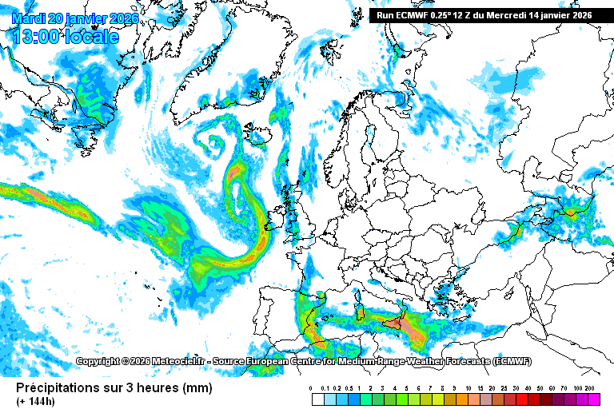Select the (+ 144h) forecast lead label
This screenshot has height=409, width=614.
(x=37, y=401)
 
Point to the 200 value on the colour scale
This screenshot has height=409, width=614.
(x=591, y=388)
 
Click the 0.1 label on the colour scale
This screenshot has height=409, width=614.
(x=322, y=388)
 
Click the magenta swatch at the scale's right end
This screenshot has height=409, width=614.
(x=592, y=398)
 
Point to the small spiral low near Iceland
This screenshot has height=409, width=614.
(x=215, y=143)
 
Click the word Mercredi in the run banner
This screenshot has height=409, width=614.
(x=505, y=14)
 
